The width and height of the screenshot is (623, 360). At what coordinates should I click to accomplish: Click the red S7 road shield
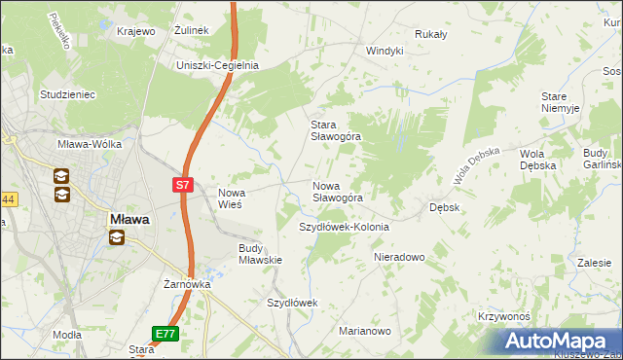184,184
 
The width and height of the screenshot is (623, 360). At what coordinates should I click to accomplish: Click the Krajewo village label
136,31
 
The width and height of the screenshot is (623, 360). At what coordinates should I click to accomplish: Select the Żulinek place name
192,31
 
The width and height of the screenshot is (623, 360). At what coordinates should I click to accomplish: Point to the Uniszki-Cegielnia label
216,65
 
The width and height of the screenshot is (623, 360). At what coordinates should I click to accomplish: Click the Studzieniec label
66,94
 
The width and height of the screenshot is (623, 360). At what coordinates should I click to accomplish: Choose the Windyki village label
385,51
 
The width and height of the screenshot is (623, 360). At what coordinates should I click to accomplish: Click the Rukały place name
430,34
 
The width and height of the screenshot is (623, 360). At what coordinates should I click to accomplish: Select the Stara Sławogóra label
336,130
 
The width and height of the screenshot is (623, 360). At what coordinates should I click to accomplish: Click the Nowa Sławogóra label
338,191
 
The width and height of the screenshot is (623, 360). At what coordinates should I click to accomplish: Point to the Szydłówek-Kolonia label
344,227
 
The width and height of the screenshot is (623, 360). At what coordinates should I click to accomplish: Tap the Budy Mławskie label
260,254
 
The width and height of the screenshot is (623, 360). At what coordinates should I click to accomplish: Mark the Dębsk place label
445,207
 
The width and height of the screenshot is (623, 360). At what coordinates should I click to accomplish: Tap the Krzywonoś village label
503,317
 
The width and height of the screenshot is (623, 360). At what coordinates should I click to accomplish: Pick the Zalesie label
594,263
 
